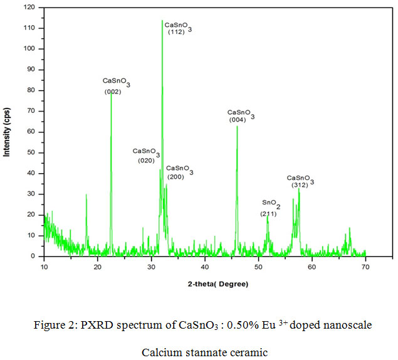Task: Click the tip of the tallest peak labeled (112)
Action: [x=162, y=21]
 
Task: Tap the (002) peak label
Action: [x=113, y=92]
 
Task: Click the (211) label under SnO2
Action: [x=268, y=214]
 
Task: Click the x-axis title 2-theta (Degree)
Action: [x=217, y=284]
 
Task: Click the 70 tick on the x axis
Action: [x=365, y=268]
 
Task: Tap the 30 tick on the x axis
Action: [x=151, y=268]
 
